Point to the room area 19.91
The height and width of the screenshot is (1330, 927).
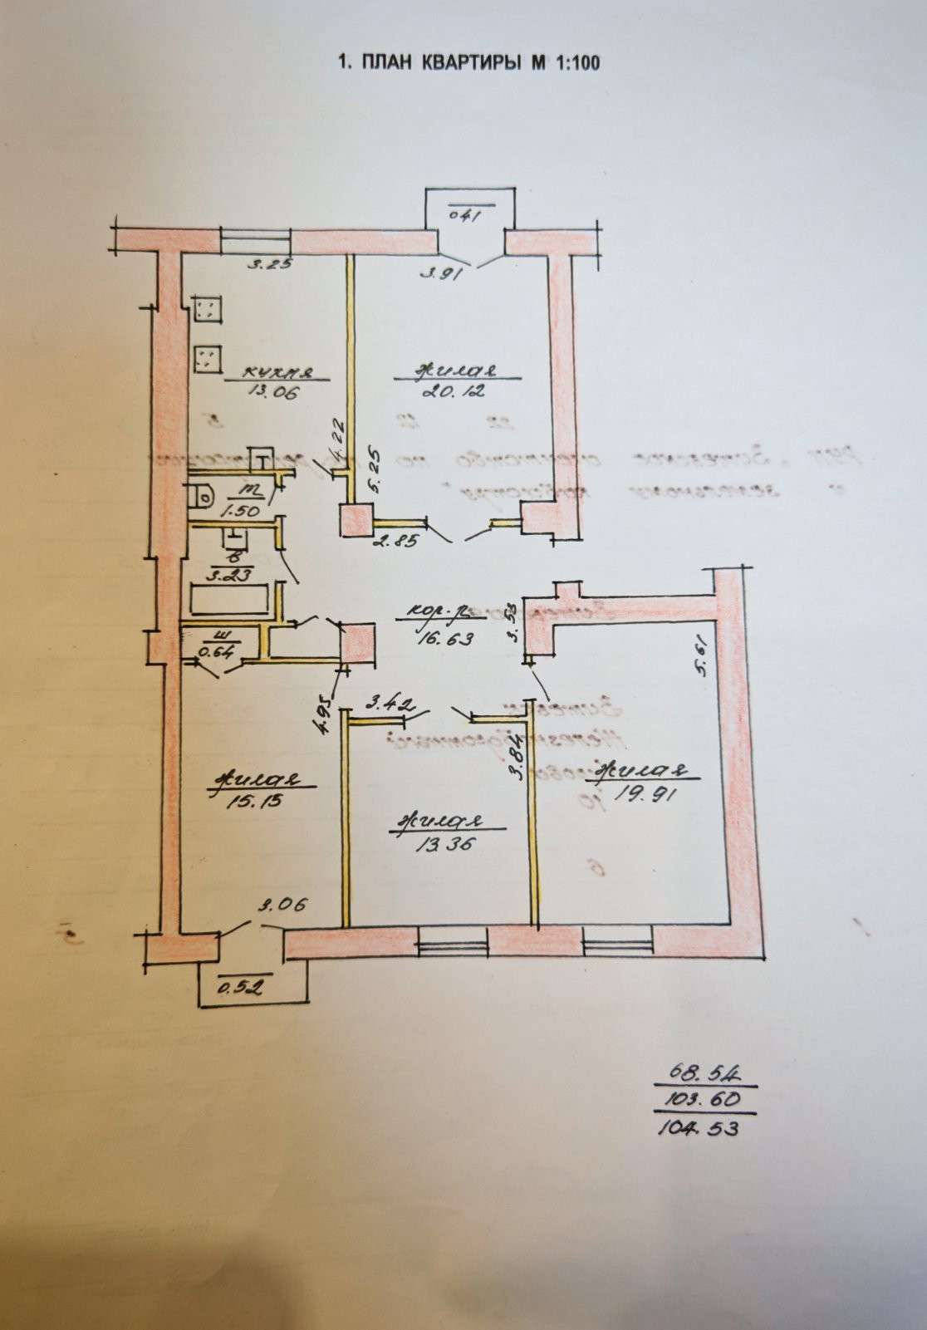tap(649, 793)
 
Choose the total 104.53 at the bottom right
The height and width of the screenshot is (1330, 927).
tap(698, 1129)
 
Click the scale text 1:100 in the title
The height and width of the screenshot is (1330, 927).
tap(576, 63)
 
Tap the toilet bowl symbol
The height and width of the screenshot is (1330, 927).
tap(201, 497)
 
